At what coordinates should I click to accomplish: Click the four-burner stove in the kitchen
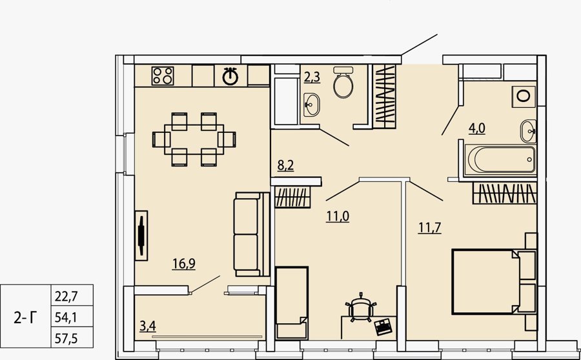tap(163, 75)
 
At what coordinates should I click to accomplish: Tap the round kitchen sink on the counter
tap(230, 77)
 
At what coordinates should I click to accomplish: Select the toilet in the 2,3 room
tap(343, 82)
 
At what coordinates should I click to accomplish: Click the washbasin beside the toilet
tap(312, 105)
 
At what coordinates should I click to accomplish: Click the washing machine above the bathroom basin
tap(523, 96)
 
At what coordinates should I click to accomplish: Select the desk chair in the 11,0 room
tap(361, 308)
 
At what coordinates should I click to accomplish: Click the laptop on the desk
tap(383, 326)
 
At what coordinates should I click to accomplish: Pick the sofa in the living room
tap(252, 234)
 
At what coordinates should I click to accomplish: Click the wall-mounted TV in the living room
tap(141, 235)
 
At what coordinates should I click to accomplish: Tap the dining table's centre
tap(194, 139)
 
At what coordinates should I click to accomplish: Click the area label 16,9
tap(184, 264)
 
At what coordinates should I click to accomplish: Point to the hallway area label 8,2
tap(286, 165)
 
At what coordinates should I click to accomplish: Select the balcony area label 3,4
tap(147, 326)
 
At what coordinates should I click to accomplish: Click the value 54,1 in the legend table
tap(66, 317)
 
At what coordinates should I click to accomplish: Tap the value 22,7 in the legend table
tap(66, 296)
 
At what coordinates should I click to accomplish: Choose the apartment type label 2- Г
tap(26, 317)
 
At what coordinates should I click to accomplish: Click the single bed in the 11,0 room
tap(292, 303)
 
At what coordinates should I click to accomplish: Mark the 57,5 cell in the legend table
tap(66, 338)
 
